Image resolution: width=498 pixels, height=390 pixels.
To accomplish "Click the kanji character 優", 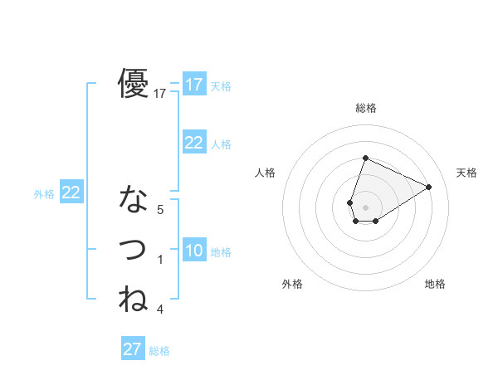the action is (x=134, y=83).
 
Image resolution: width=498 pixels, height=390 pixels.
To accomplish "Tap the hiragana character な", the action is (x=134, y=200).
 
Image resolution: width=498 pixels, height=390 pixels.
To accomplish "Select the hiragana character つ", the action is (x=134, y=249).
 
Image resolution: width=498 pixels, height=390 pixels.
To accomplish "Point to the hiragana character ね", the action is (x=134, y=298).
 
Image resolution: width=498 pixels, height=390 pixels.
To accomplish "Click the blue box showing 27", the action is (x=133, y=349).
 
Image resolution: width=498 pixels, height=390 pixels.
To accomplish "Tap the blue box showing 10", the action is (x=193, y=251).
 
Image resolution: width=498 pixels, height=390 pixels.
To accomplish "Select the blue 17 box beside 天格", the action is (x=193, y=85).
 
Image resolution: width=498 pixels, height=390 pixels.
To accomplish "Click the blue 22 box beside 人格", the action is (x=193, y=143).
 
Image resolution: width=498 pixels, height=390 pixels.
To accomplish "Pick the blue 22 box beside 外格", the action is (x=71, y=193).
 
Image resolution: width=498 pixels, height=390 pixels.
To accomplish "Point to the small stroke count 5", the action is (x=160, y=211).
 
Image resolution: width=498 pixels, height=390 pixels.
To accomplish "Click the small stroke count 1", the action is (x=160, y=260).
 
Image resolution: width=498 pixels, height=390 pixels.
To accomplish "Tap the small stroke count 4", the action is (x=160, y=310).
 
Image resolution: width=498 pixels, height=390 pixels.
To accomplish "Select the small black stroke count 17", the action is (x=160, y=95).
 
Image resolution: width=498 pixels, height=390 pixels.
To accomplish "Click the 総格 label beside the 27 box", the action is (x=159, y=351).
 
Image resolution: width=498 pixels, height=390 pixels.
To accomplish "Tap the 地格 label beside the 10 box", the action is (x=221, y=252).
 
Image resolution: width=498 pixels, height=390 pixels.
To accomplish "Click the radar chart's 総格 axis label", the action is (x=365, y=108).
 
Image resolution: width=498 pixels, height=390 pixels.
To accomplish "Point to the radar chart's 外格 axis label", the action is (x=292, y=284).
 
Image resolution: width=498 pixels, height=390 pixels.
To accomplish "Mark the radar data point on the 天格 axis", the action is (x=428, y=187).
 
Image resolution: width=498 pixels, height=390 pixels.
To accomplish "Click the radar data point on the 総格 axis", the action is (x=365, y=158).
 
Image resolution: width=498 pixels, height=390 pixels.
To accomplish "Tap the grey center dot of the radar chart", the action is (x=365, y=207).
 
